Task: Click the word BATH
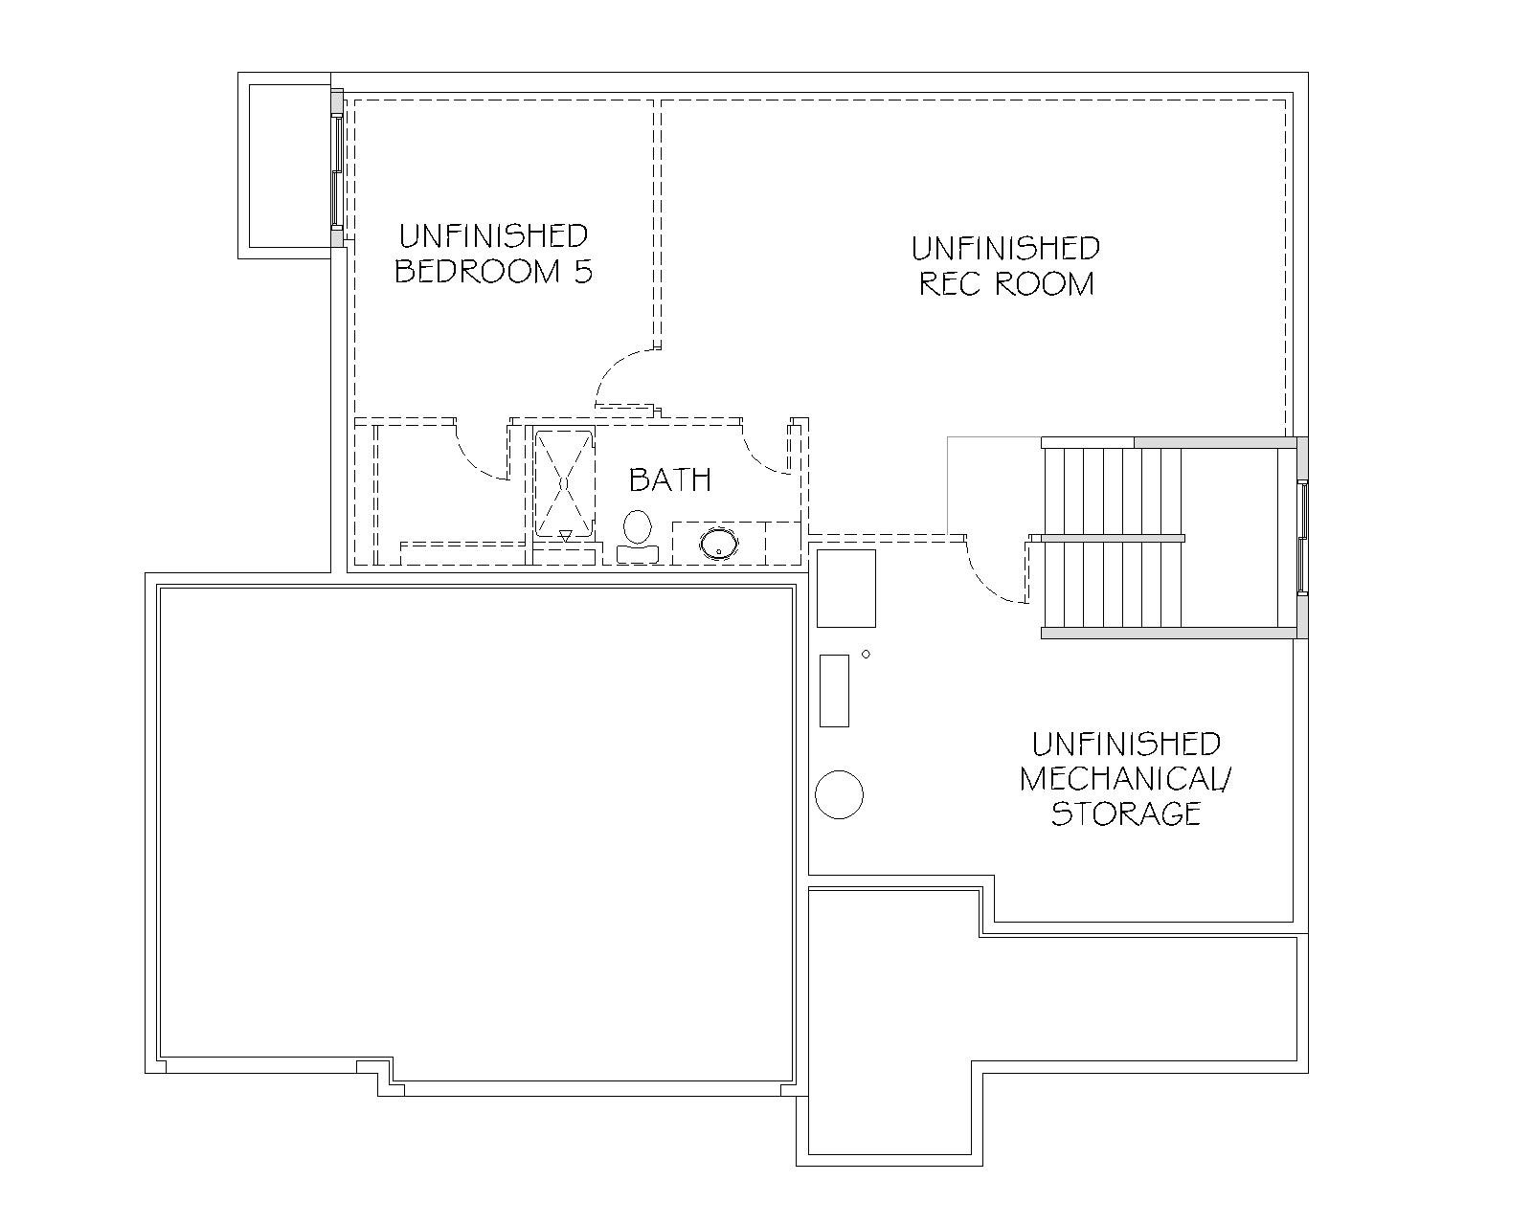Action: click(x=670, y=480)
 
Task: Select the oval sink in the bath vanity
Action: click(x=719, y=544)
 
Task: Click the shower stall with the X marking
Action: click(x=564, y=482)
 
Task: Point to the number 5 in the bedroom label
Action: click(x=584, y=271)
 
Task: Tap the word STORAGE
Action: click(x=1126, y=813)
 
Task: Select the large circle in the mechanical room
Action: click(x=839, y=794)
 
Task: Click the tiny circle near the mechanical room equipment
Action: click(x=866, y=654)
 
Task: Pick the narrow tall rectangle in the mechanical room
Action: click(x=834, y=690)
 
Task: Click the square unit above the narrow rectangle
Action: click(x=845, y=588)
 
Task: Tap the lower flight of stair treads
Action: click(x=1112, y=585)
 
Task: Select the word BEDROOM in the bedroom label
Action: click(x=478, y=271)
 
